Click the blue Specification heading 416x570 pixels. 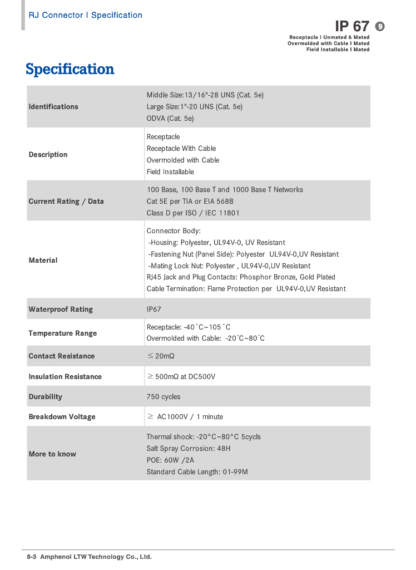point(70,70)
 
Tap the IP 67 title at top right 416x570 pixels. point(352,26)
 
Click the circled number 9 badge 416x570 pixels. point(380,26)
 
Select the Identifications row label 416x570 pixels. point(53,107)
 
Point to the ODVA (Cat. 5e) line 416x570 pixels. point(170,119)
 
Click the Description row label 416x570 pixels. point(48,155)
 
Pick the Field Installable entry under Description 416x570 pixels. point(170,172)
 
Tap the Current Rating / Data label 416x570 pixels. point(66,202)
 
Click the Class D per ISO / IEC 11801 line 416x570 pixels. point(193,213)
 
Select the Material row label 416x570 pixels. point(43,261)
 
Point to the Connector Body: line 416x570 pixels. point(174,231)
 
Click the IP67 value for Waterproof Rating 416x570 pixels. point(154,309)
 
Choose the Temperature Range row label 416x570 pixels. point(63,333)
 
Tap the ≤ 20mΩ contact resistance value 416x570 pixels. point(161,356)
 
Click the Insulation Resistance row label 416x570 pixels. point(65,377)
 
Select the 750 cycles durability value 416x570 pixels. point(164,397)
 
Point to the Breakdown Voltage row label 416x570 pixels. point(62,417)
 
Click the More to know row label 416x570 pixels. point(52,454)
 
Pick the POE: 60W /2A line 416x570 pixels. point(170,460)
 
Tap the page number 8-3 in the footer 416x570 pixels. point(32,557)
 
